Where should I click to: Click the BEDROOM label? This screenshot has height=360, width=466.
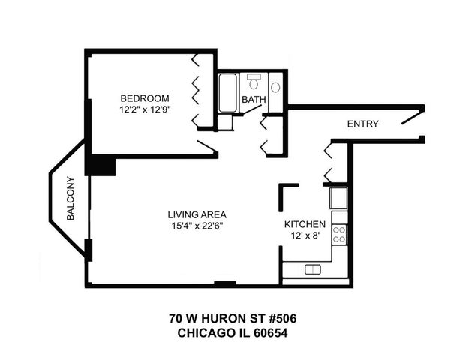(146, 98)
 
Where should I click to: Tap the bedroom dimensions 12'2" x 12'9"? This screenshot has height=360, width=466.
(146, 110)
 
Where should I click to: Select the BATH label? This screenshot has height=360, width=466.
(253, 100)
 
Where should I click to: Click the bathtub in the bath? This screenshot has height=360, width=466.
(227, 93)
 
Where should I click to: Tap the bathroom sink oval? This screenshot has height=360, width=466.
(275, 87)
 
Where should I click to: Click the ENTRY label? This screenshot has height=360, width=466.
(362, 124)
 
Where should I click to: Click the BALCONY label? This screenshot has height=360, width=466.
(71, 198)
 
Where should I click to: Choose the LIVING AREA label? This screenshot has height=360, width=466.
(197, 214)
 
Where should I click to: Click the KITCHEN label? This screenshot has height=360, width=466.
(304, 224)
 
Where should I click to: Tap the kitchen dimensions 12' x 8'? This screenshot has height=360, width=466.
(304, 236)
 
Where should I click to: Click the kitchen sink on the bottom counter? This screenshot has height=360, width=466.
(313, 269)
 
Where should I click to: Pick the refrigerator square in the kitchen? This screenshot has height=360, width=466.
(338, 199)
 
